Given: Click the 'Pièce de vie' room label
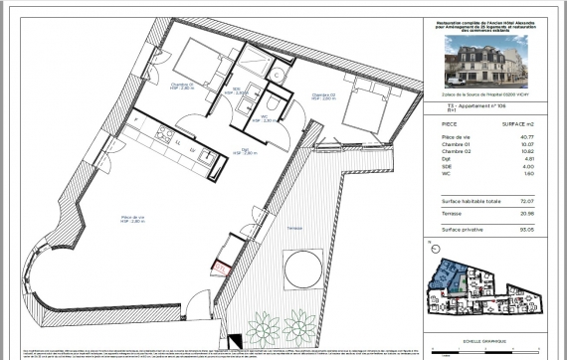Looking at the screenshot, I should (133, 218).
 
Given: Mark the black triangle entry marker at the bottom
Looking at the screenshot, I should (236, 340).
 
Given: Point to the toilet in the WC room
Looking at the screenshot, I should (273, 102).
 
